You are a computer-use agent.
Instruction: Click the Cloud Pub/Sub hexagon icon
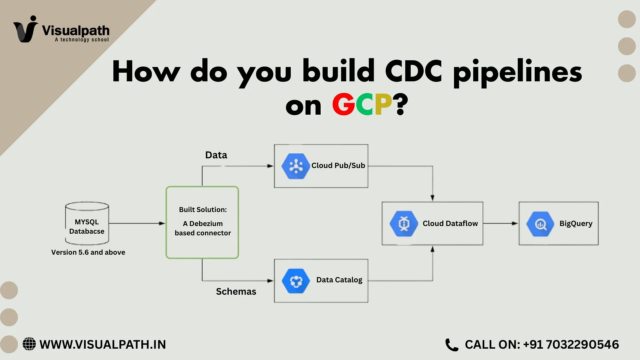point(296,166)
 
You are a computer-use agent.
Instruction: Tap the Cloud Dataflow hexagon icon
point(404,224)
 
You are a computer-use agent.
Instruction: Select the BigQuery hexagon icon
point(540,224)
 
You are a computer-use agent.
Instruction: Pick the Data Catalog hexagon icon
point(296,281)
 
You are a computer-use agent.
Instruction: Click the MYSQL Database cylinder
point(87,223)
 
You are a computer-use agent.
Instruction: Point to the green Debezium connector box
point(202,222)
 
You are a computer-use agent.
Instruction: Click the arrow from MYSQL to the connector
point(137,223)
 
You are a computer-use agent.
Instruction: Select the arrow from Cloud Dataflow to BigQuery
point(500,223)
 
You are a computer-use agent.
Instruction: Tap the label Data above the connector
point(216,155)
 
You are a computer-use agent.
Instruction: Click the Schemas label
point(236,292)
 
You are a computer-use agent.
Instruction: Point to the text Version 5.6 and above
point(88,252)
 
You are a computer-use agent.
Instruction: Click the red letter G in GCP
point(344,104)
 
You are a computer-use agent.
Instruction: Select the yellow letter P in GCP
point(383,104)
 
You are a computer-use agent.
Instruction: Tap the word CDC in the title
point(413,71)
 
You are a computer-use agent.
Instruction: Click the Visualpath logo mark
point(26,29)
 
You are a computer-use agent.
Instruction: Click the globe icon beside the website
point(29,344)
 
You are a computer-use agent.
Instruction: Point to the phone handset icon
point(452,345)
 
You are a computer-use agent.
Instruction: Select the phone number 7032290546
point(582,345)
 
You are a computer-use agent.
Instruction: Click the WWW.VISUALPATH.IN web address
point(103,345)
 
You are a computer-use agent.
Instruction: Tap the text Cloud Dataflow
point(450,224)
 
